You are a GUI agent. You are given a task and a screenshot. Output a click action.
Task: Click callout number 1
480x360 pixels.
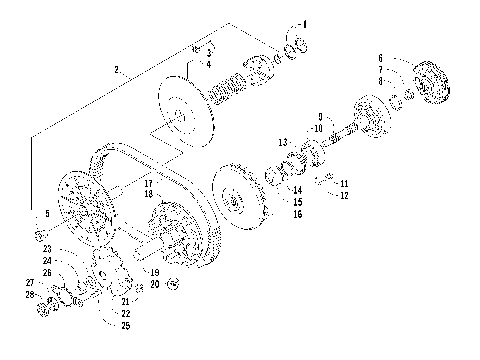(305, 23)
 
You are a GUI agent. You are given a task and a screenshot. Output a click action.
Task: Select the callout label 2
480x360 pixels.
(117, 70)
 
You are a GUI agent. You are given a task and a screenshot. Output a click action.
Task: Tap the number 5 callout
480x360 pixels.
(46, 214)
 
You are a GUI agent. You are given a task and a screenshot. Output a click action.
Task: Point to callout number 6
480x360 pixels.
(380, 58)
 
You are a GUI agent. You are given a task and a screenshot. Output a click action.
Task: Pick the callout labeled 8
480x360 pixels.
(380, 81)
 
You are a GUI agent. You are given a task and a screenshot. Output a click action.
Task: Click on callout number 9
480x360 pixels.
(319, 115)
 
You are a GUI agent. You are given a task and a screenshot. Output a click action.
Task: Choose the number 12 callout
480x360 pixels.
(343, 195)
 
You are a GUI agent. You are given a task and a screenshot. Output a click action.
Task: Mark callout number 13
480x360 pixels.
(283, 141)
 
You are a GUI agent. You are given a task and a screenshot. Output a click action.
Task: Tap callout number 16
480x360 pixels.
(297, 214)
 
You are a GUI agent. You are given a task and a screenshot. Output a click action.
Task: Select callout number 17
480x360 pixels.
(147, 183)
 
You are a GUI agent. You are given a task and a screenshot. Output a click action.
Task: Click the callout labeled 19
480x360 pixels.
(155, 271)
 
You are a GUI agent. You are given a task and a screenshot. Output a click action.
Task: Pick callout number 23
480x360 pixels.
(47, 248)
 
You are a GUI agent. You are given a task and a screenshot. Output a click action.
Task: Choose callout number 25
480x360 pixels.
(125, 326)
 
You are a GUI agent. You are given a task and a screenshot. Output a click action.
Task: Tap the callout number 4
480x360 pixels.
(208, 65)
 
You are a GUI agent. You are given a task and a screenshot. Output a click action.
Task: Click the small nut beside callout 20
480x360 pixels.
(172, 285)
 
